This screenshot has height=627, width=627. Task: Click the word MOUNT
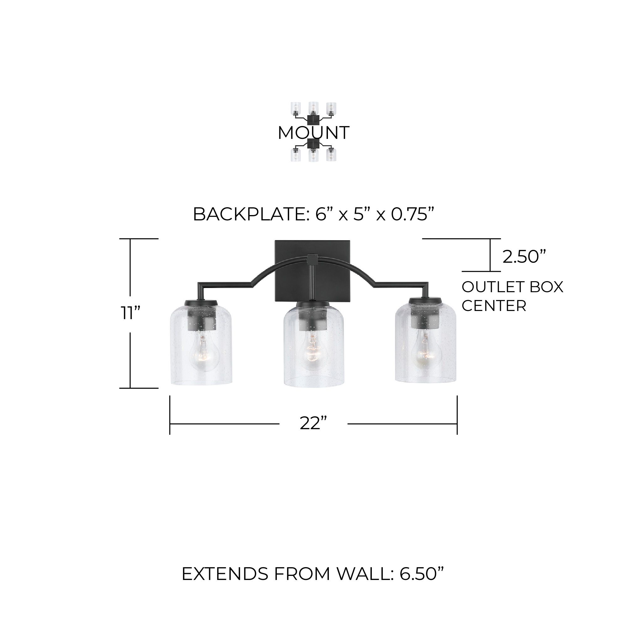point(313,133)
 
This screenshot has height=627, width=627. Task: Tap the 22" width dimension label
point(313,423)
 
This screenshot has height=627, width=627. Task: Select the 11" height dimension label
point(130,313)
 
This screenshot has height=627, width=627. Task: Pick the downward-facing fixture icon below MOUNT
point(313,151)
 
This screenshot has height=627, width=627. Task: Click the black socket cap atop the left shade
point(201,303)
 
